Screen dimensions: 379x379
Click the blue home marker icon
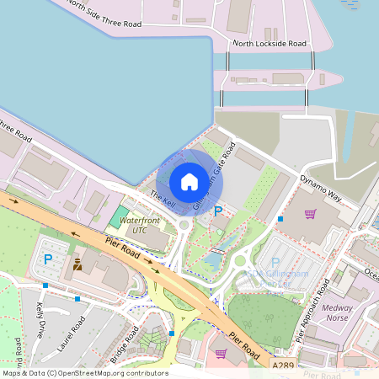189,181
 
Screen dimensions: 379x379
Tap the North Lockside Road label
270,43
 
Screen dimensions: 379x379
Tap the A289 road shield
284,366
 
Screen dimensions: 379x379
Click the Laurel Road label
72,332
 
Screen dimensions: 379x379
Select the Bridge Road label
124,344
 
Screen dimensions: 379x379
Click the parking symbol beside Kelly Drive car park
48,259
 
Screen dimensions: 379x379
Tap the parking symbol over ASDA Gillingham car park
275,264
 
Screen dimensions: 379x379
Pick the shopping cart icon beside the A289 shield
221,355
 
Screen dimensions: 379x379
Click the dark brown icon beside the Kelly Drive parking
77,264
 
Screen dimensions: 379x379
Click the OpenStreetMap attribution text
84,373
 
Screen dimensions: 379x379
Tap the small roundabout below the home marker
184,224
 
